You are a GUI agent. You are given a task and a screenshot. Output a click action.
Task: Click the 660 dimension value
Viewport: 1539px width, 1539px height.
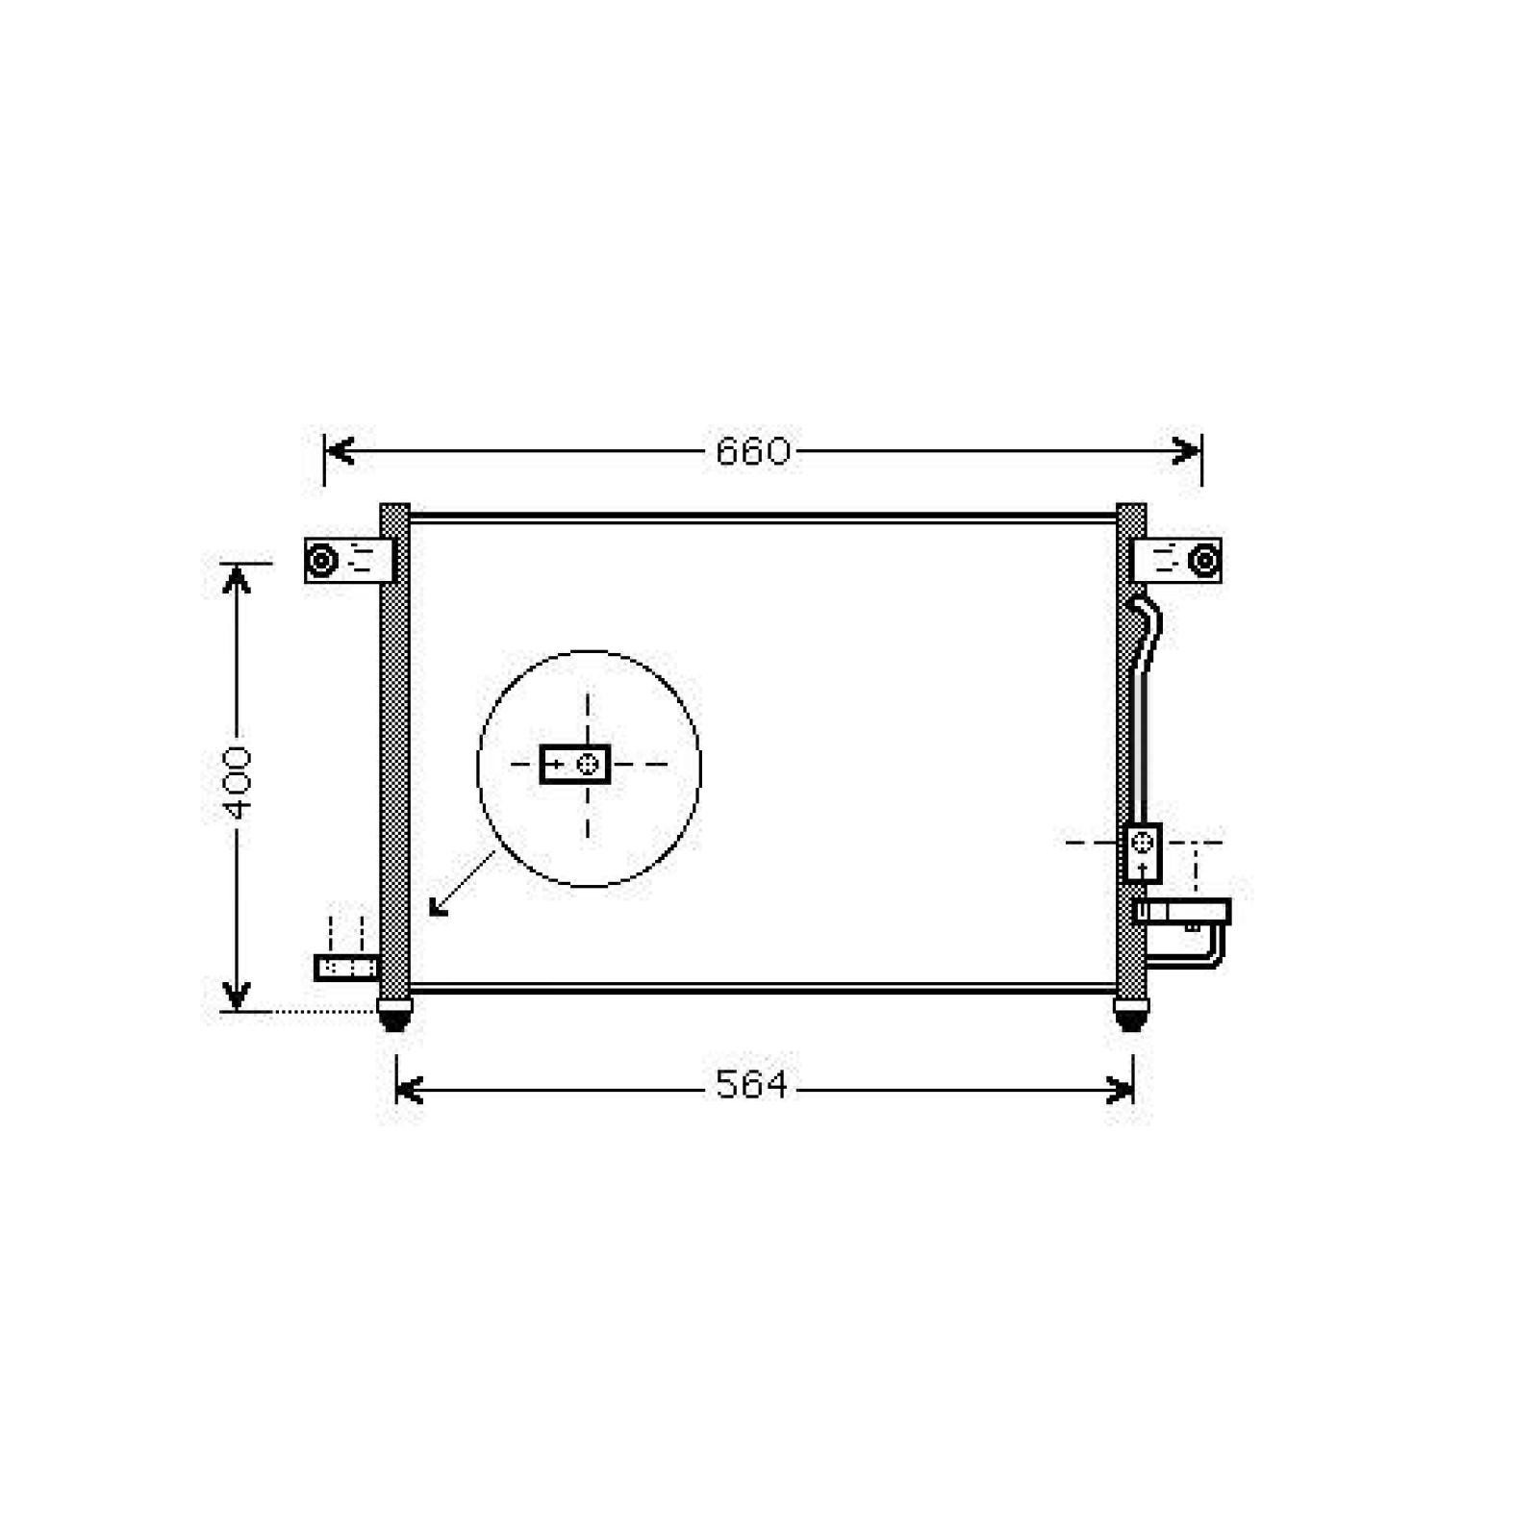[x=752, y=451]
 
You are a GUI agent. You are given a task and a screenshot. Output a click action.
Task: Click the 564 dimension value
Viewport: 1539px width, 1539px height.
[x=751, y=1085]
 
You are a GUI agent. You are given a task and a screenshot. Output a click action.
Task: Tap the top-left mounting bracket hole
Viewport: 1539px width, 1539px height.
[x=321, y=560]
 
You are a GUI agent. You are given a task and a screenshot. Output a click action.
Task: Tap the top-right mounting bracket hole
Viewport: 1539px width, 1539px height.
[x=1202, y=560]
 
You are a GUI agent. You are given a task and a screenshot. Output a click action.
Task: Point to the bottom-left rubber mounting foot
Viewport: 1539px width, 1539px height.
[x=394, y=1014]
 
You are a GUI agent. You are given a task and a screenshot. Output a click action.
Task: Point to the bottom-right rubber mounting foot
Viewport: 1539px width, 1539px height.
[x=1130, y=1014]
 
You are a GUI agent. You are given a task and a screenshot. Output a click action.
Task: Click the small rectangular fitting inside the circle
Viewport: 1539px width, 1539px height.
[x=575, y=765]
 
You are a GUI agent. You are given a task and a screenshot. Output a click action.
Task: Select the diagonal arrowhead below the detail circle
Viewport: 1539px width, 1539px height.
[x=437, y=907]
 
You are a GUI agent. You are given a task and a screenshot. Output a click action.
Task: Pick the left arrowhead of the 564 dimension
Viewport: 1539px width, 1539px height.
[x=410, y=1090]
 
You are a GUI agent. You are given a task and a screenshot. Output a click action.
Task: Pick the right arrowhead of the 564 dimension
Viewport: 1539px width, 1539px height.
[x=1121, y=1090]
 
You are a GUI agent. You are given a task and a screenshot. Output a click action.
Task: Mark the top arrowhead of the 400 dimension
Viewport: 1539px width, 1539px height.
[x=237, y=578]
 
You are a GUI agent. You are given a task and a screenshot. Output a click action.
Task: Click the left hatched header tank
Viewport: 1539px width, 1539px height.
[x=394, y=750]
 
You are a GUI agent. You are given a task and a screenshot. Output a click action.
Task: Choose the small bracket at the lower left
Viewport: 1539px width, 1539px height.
[x=347, y=967]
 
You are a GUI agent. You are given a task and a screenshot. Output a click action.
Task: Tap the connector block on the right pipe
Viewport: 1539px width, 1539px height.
[x=1142, y=852]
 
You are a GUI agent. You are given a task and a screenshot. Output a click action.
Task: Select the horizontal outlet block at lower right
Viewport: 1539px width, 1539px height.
[x=1182, y=911]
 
